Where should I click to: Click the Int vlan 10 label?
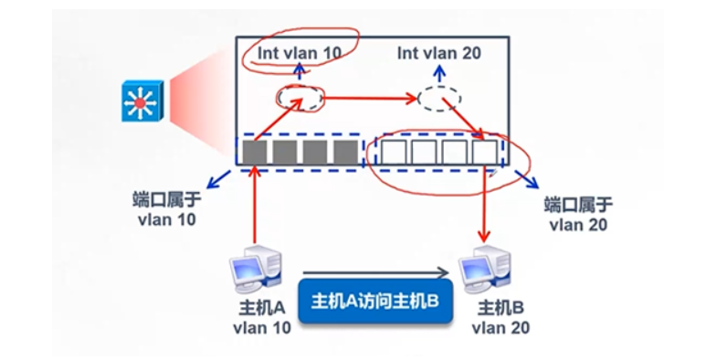299,53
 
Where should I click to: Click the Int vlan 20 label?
438,53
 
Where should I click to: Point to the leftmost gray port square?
255,151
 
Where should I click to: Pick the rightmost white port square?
485,151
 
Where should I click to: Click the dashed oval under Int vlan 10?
300,97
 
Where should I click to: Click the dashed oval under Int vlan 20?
439,97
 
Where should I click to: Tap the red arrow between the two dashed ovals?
370,95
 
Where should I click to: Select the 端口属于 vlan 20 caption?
575,214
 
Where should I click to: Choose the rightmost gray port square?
345,151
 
